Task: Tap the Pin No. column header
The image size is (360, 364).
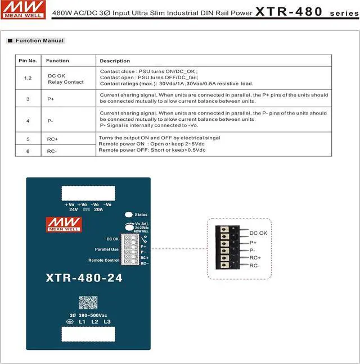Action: [28, 61]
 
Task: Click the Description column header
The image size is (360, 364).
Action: [115, 61]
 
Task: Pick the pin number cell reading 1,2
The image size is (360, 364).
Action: [28, 78]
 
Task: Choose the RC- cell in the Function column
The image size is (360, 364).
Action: [52, 151]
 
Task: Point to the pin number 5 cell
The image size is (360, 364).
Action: [28, 138]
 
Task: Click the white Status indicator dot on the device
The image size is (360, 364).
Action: [129, 215]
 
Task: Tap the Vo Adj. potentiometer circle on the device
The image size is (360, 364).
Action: [129, 226]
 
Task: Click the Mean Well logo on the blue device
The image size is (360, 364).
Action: [64, 225]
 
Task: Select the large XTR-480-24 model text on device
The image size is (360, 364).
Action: [84, 277]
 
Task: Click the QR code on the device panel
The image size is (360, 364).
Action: [88, 303]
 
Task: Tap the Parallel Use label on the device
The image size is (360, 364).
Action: [107, 249]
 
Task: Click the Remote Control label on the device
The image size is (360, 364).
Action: [103, 260]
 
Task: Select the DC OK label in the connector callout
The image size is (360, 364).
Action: [258, 233]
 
